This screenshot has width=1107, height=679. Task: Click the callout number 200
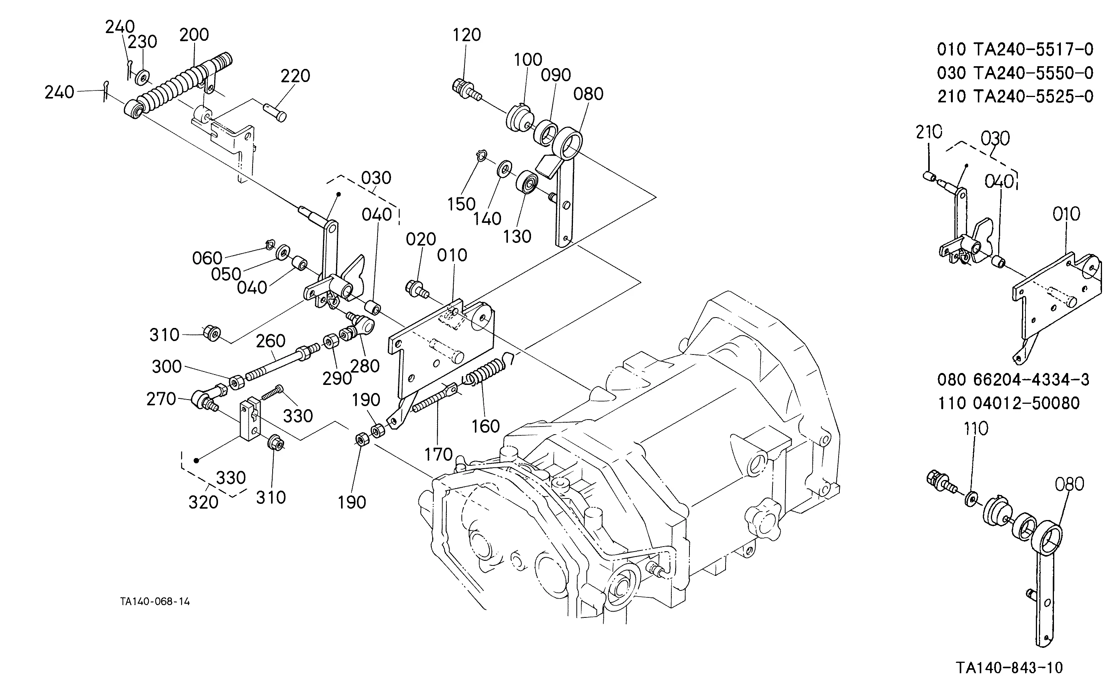pos(194,35)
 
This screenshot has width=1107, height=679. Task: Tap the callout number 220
pos(295,76)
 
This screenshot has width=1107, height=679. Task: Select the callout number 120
pos(467,35)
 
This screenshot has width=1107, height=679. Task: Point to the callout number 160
pos(486,426)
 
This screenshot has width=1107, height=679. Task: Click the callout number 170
pos(439,454)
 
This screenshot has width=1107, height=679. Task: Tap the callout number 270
pos(161,399)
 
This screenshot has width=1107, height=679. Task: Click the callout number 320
pos(203,502)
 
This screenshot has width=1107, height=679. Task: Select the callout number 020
pos(421,239)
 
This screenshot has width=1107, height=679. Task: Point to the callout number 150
pos(461,204)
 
